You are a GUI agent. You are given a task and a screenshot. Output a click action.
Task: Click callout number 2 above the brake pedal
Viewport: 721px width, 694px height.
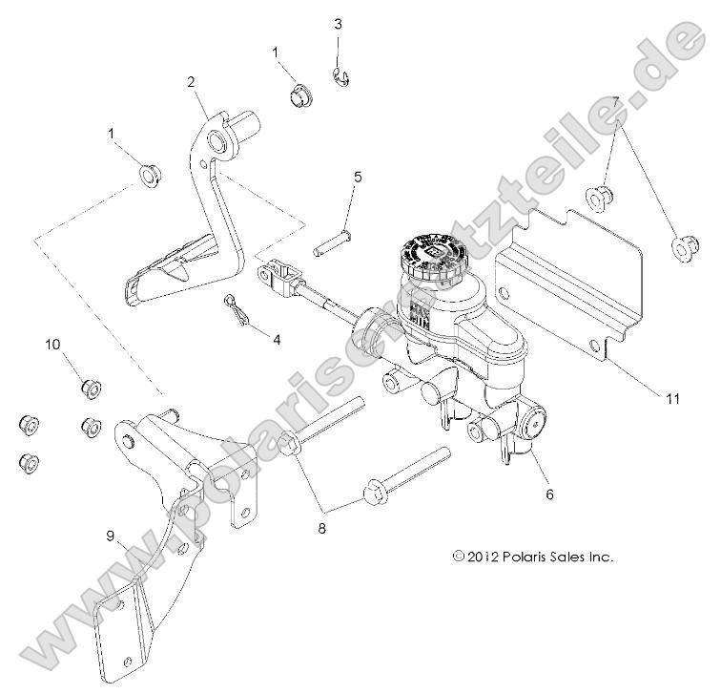[x=191, y=83]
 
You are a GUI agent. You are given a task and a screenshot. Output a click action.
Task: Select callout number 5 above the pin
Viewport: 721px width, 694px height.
[x=358, y=177]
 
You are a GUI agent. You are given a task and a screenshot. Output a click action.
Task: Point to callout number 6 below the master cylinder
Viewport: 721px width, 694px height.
[x=549, y=494]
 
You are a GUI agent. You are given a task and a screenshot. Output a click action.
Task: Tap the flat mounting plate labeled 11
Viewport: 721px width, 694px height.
[x=572, y=277]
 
